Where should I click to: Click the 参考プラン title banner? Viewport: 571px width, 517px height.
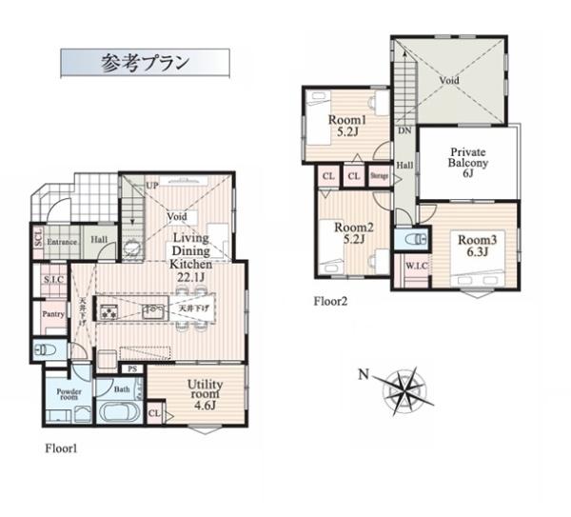coord(145,63)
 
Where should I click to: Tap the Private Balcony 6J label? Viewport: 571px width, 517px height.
coord(468,164)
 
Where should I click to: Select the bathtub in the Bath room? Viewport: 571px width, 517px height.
coord(118,416)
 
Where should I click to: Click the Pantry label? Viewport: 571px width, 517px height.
coord(52,314)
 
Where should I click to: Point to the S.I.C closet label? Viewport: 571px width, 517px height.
coord(53,279)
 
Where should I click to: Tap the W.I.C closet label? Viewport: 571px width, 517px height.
coord(415,266)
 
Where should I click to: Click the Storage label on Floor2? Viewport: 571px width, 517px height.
coord(379,177)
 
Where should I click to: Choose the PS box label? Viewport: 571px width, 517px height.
coord(133,368)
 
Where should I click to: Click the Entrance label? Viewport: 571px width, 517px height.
coord(63,242)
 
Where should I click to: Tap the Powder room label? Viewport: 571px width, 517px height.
coord(69,395)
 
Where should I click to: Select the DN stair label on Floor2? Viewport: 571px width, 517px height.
coord(404,130)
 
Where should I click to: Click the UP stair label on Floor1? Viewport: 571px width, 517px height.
coord(151,185)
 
